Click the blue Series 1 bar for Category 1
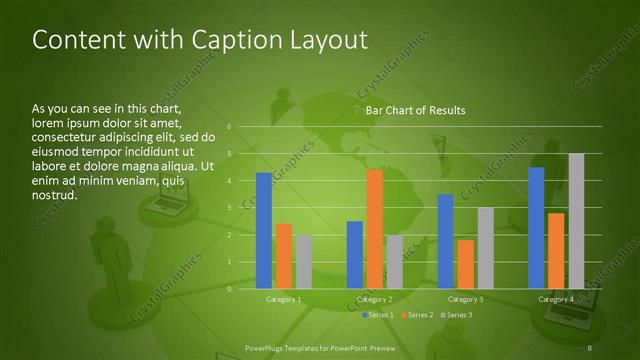point(264,231)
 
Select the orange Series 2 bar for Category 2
point(374,229)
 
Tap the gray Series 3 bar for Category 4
point(576,221)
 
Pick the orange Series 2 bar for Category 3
point(465,264)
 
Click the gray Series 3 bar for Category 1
point(303,262)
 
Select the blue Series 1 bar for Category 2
point(355,255)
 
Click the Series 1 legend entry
point(378,315)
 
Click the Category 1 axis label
point(284,299)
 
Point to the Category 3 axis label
point(465,299)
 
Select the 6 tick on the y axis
point(229,127)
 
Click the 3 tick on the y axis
point(229,208)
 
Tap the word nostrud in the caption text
point(55,195)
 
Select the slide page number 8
point(591,347)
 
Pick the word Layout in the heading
point(326,41)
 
